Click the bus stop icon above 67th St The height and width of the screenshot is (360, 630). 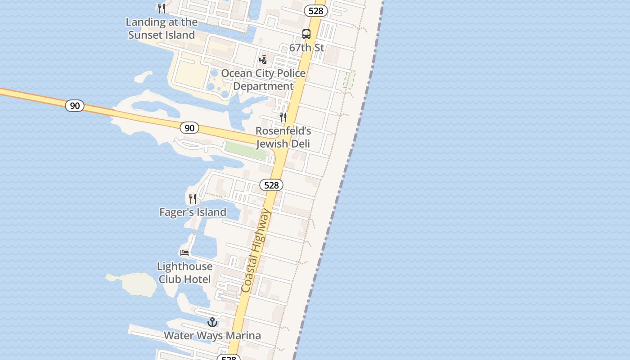306,34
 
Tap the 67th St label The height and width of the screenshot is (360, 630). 306,48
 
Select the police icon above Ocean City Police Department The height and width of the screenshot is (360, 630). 263,59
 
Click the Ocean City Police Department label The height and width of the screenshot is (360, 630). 263,80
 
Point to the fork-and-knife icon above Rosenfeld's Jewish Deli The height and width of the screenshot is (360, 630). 283,117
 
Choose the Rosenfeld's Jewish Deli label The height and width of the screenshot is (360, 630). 283,137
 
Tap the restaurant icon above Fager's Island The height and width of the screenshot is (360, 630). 193,198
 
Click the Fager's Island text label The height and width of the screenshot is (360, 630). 193,212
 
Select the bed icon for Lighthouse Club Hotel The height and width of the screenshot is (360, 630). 184,253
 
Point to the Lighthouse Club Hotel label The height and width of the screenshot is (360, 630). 184,273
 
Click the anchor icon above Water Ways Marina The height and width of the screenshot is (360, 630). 212,322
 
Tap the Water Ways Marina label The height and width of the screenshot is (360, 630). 212,336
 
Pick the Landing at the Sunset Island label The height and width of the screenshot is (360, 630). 162,28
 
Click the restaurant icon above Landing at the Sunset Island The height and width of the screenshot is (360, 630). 162,8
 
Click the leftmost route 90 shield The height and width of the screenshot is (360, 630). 75,106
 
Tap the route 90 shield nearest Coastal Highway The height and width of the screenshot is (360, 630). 189,128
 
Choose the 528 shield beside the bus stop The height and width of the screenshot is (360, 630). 316,11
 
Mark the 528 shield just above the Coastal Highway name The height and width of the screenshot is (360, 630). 271,185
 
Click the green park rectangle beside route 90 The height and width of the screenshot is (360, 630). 246,150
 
